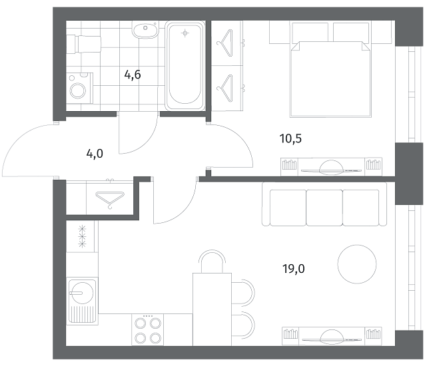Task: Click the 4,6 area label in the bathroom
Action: [133, 75]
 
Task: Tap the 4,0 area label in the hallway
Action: [95, 154]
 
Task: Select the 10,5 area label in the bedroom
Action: [290, 138]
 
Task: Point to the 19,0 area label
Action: [294, 269]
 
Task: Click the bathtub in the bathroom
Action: [185, 66]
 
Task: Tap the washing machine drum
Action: [78, 90]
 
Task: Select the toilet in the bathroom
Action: [83, 44]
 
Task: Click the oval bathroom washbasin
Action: [145, 29]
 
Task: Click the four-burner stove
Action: [148, 329]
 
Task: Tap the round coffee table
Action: [357, 264]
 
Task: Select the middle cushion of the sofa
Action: [324, 208]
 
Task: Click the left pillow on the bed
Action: [309, 32]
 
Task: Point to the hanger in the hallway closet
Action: [110, 200]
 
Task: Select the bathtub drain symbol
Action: [185, 33]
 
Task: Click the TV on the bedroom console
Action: [331, 168]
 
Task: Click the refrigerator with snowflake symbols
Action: [82, 236]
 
